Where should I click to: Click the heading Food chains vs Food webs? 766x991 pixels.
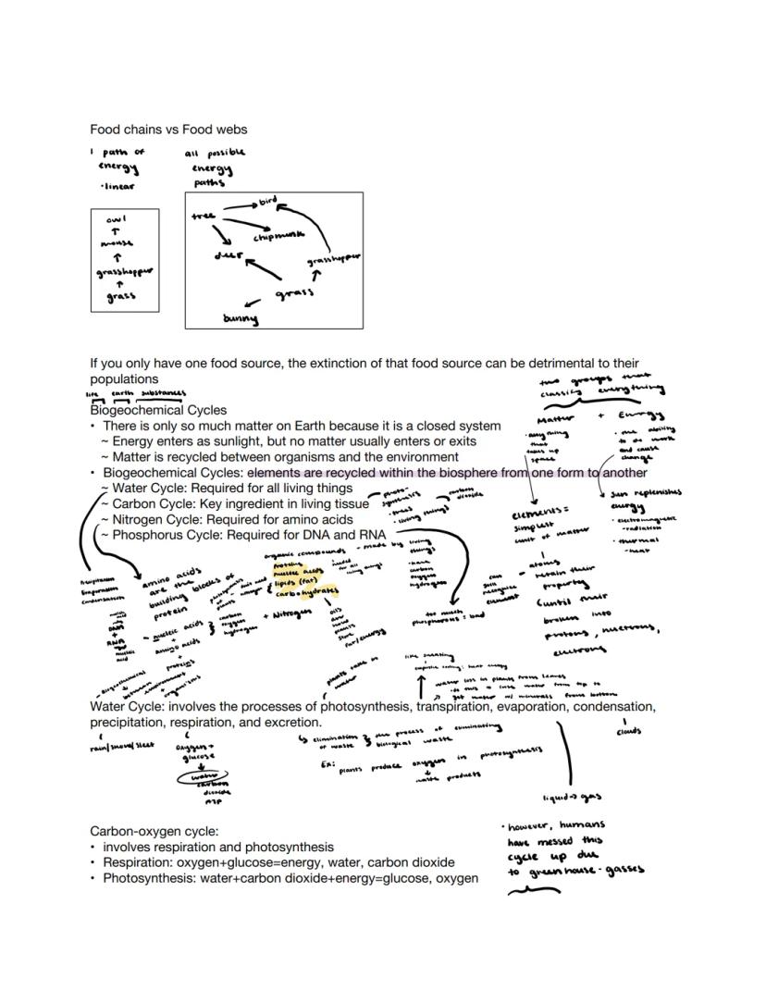click(168, 130)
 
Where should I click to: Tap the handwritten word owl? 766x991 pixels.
click(117, 219)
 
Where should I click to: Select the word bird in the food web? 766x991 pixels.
click(267, 200)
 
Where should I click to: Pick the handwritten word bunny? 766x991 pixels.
click(241, 319)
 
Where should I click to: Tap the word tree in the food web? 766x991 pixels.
click(203, 216)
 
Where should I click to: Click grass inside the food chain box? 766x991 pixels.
click(120, 297)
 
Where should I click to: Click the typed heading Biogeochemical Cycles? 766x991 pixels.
click(158, 410)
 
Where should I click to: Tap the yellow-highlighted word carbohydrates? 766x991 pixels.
click(305, 591)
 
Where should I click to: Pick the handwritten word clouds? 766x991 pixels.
click(628, 732)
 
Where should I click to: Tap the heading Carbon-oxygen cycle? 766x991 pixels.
click(154, 831)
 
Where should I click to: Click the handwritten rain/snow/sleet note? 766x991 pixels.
click(121, 745)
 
